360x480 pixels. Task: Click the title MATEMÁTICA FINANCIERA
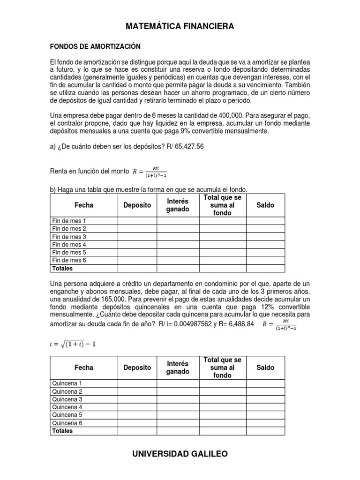point(180,27)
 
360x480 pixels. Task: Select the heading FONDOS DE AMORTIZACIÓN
point(96,47)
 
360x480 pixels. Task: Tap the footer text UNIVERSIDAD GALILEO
point(180,454)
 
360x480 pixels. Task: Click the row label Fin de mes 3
point(69,237)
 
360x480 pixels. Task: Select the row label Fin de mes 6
point(69,260)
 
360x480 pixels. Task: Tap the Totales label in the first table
point(62,268)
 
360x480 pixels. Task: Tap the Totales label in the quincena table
point(62,430)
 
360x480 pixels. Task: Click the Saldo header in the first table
point(265,205)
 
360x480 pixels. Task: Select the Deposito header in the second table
point(137,368)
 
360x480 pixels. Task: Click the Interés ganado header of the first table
point(178,205)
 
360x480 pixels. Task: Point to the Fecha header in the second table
point(84,368)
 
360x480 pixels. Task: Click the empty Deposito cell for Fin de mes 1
point(137,221)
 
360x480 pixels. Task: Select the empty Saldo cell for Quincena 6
point(265,423)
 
